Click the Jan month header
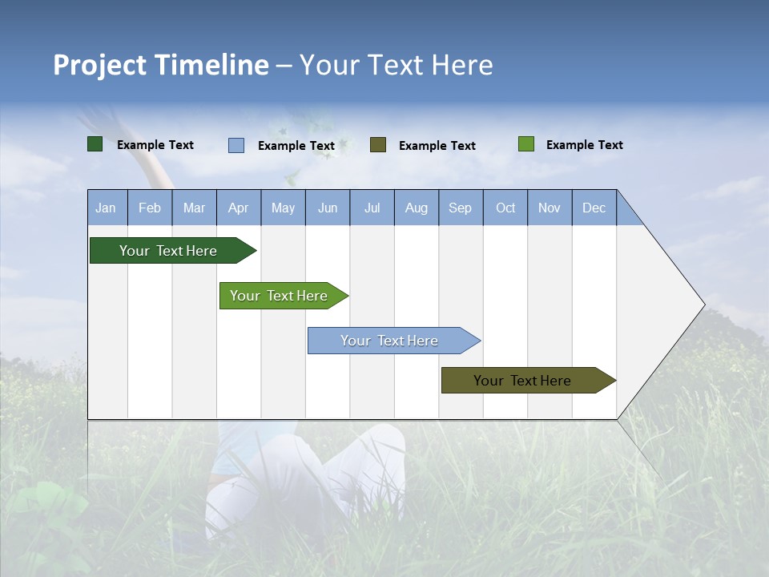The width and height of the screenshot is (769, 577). pyautogui.click(x=107, y=208)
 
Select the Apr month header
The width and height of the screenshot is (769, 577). pyautogui.click(x=239, y=208)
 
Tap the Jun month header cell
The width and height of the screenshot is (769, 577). pyautogui.click(x=328, y=208)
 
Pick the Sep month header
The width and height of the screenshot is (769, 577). pyautogui.click(x=461, y=208)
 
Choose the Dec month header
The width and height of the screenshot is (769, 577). pyautogui.click(x=594, y=208)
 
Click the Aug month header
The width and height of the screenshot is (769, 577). pyautogui.click(x=417, y=208)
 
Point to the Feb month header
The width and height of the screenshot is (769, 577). pyautogui.click(x=150, y=208)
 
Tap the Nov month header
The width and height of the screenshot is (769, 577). pyautogui.click(x=550, y=208)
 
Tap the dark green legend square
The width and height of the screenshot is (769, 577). pyautogui.click(x=95, y=144)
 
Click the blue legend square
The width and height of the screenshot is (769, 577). pyautogui.click(x=236, y=145)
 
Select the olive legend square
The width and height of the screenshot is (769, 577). pyautogui.click(x=378, y=144)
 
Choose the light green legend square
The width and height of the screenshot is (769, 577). pyautogui.click(x=526, y=144)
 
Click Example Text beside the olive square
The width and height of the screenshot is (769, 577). pyautogui.click(x=437, y=145)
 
